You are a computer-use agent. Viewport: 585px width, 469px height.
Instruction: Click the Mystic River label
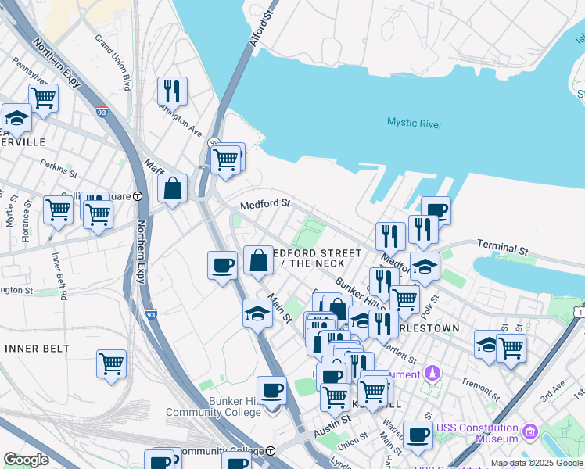pos(414,124)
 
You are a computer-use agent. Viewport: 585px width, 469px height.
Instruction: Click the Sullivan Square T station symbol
pos(138,196)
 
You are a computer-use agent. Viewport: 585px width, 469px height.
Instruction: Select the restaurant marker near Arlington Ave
pos(172,91)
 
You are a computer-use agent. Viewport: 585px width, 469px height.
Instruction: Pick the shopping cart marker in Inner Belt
pos(111,363)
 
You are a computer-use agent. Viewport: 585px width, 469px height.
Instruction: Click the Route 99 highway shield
pos(213,143)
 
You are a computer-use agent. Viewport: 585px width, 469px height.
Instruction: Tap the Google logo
pos(27,460)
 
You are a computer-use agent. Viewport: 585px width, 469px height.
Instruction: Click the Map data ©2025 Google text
pos(537,463)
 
